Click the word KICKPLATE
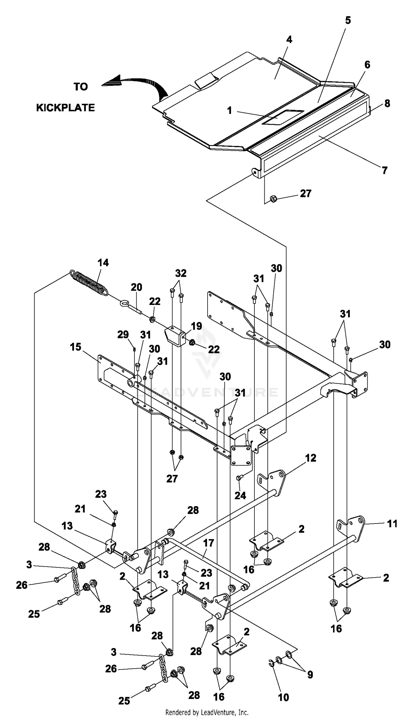65,108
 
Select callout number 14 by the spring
103,263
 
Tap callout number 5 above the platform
348,20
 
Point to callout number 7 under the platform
384,170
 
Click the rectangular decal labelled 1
283,117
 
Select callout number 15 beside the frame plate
75,347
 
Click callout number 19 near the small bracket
196,326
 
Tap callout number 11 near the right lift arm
392,523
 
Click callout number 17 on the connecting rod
208,543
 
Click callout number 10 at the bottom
283,697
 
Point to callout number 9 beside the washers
310,674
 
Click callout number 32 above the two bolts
181,273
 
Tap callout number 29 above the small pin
123,334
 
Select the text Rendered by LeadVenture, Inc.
207,712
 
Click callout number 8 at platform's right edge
387,103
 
